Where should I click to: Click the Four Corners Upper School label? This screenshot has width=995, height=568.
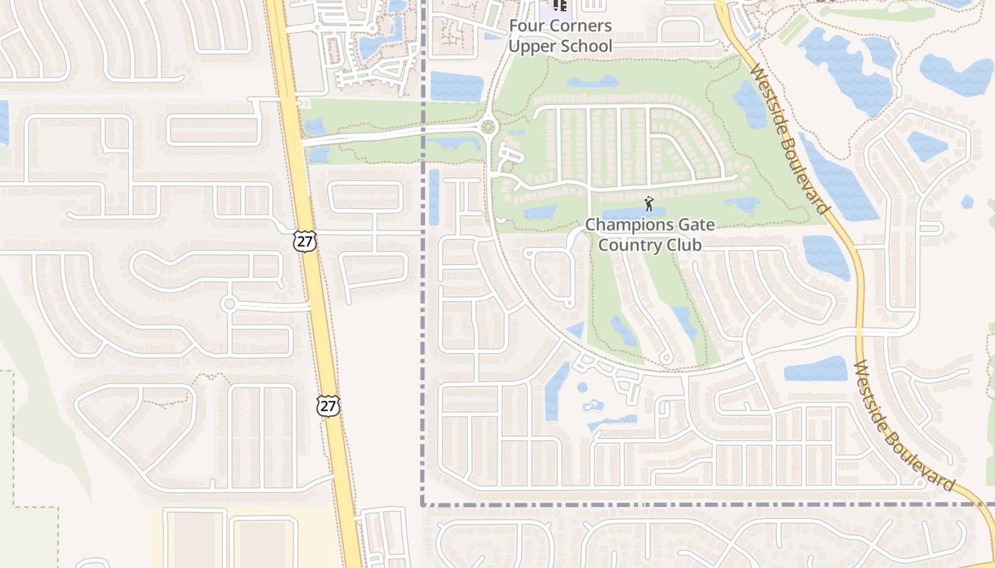559,36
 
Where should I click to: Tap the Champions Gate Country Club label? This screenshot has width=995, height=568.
650,235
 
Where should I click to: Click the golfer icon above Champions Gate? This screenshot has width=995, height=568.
648,205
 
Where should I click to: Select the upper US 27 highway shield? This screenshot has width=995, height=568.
304,241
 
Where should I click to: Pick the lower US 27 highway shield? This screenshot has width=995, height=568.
328,406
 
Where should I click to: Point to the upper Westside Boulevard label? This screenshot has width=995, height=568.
790,139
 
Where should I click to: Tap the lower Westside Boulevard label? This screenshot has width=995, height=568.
903,425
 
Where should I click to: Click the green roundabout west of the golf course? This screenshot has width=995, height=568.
488,128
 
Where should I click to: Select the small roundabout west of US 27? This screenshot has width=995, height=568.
229,305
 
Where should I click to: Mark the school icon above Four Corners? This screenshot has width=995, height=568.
560,6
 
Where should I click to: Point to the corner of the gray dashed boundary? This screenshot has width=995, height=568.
424,505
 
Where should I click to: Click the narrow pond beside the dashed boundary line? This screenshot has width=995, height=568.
434,197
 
